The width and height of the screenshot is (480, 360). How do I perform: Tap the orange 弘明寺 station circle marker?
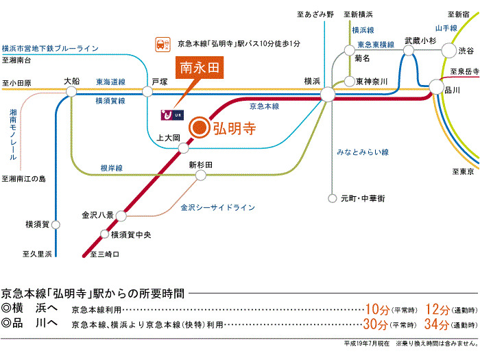tap(199, 127)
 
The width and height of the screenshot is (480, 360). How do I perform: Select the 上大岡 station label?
tap(168, 137)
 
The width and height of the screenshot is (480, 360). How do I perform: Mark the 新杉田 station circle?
tap(201, 176)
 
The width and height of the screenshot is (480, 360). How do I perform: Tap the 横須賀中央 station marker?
tap(105, 235)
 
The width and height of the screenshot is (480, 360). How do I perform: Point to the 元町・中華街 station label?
tap(363, 198)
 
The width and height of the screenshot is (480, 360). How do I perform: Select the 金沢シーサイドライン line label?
tap(217, 207)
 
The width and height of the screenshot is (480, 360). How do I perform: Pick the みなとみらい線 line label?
tap(363, 152)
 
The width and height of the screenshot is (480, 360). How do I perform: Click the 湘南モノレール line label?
tap(13, 134)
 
